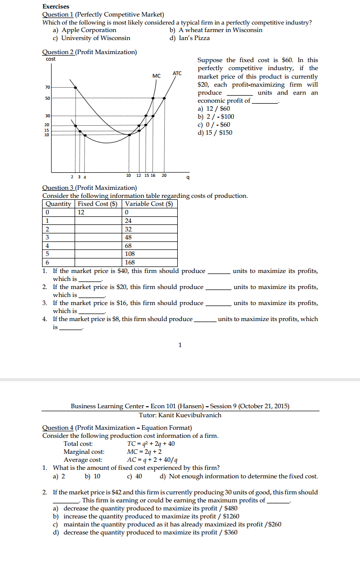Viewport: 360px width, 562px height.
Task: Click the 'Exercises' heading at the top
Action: (56, 7)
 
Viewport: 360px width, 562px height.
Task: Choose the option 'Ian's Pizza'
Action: (194, 38)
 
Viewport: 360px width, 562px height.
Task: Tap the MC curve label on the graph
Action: (156, 76)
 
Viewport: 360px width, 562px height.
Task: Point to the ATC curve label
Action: (177, 73)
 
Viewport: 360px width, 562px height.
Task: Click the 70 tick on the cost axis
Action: (48, 88)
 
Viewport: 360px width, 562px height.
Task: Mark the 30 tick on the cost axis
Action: (48, 116)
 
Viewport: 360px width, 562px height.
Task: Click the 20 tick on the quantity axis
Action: (164, 176)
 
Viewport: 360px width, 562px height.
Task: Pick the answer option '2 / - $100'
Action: (216, 117)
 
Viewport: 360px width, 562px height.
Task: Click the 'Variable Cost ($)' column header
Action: (151, 204)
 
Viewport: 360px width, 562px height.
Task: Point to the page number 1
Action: (180, 345)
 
